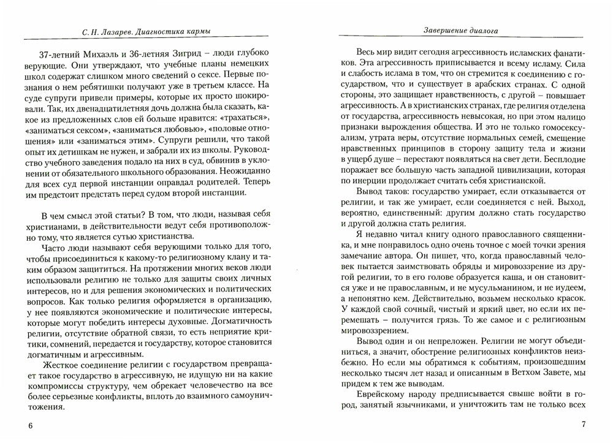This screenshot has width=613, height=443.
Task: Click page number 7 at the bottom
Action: pos(584,425)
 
